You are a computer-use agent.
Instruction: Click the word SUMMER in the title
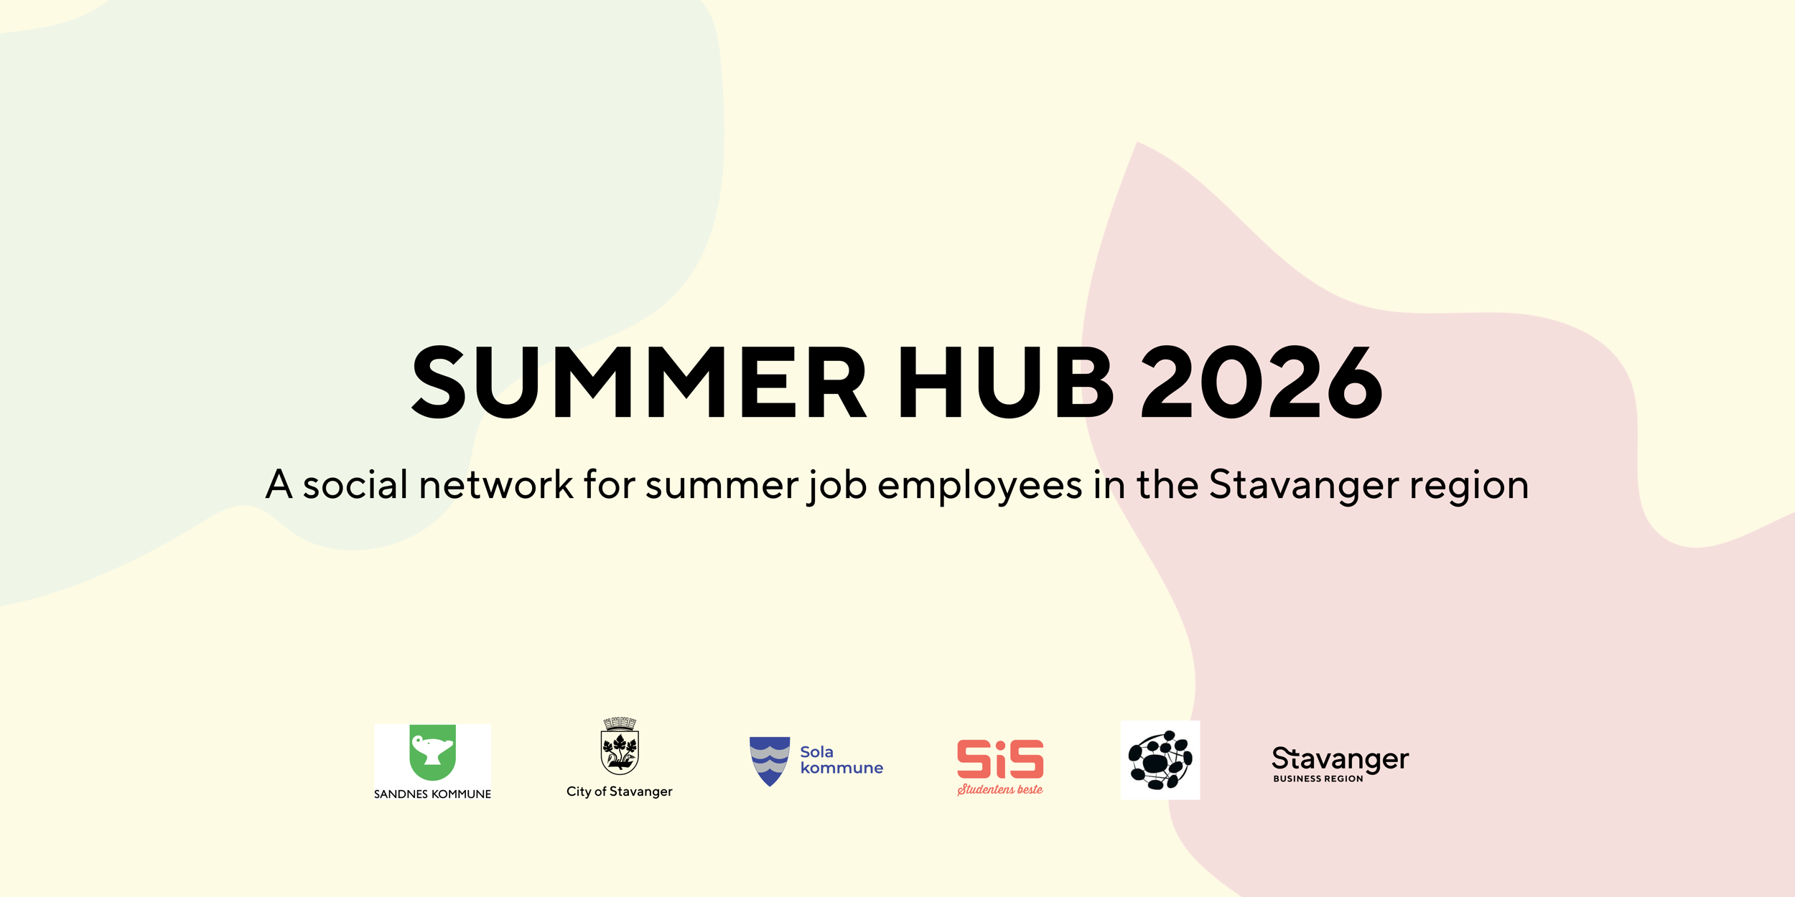[x=639, y=382]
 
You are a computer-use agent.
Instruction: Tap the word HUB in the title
[x=1005, y=382]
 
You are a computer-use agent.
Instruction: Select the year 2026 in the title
[x=1262, y=382]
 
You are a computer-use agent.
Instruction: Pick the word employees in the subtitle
[x=979, y=486]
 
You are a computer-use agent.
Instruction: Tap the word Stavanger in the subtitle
[x=1304, y=486]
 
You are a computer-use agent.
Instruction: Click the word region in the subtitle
[x=1469, y=486]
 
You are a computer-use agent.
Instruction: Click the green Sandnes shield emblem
[x=432, y=752]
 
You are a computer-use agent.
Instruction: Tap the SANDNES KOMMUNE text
[x=432, y=794]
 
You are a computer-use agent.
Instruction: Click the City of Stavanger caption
[x=620, y=792]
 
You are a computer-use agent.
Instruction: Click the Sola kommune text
[x=841, y=760]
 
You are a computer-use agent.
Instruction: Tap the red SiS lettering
[x=1000, y=759]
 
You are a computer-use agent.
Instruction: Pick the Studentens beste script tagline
[x=1000, y=789]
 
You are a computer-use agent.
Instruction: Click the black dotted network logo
[x=1160, y=760]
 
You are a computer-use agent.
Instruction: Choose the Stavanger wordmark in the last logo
[x=1340, y=759]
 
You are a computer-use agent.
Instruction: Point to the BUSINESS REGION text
[x=1318, y=779]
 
